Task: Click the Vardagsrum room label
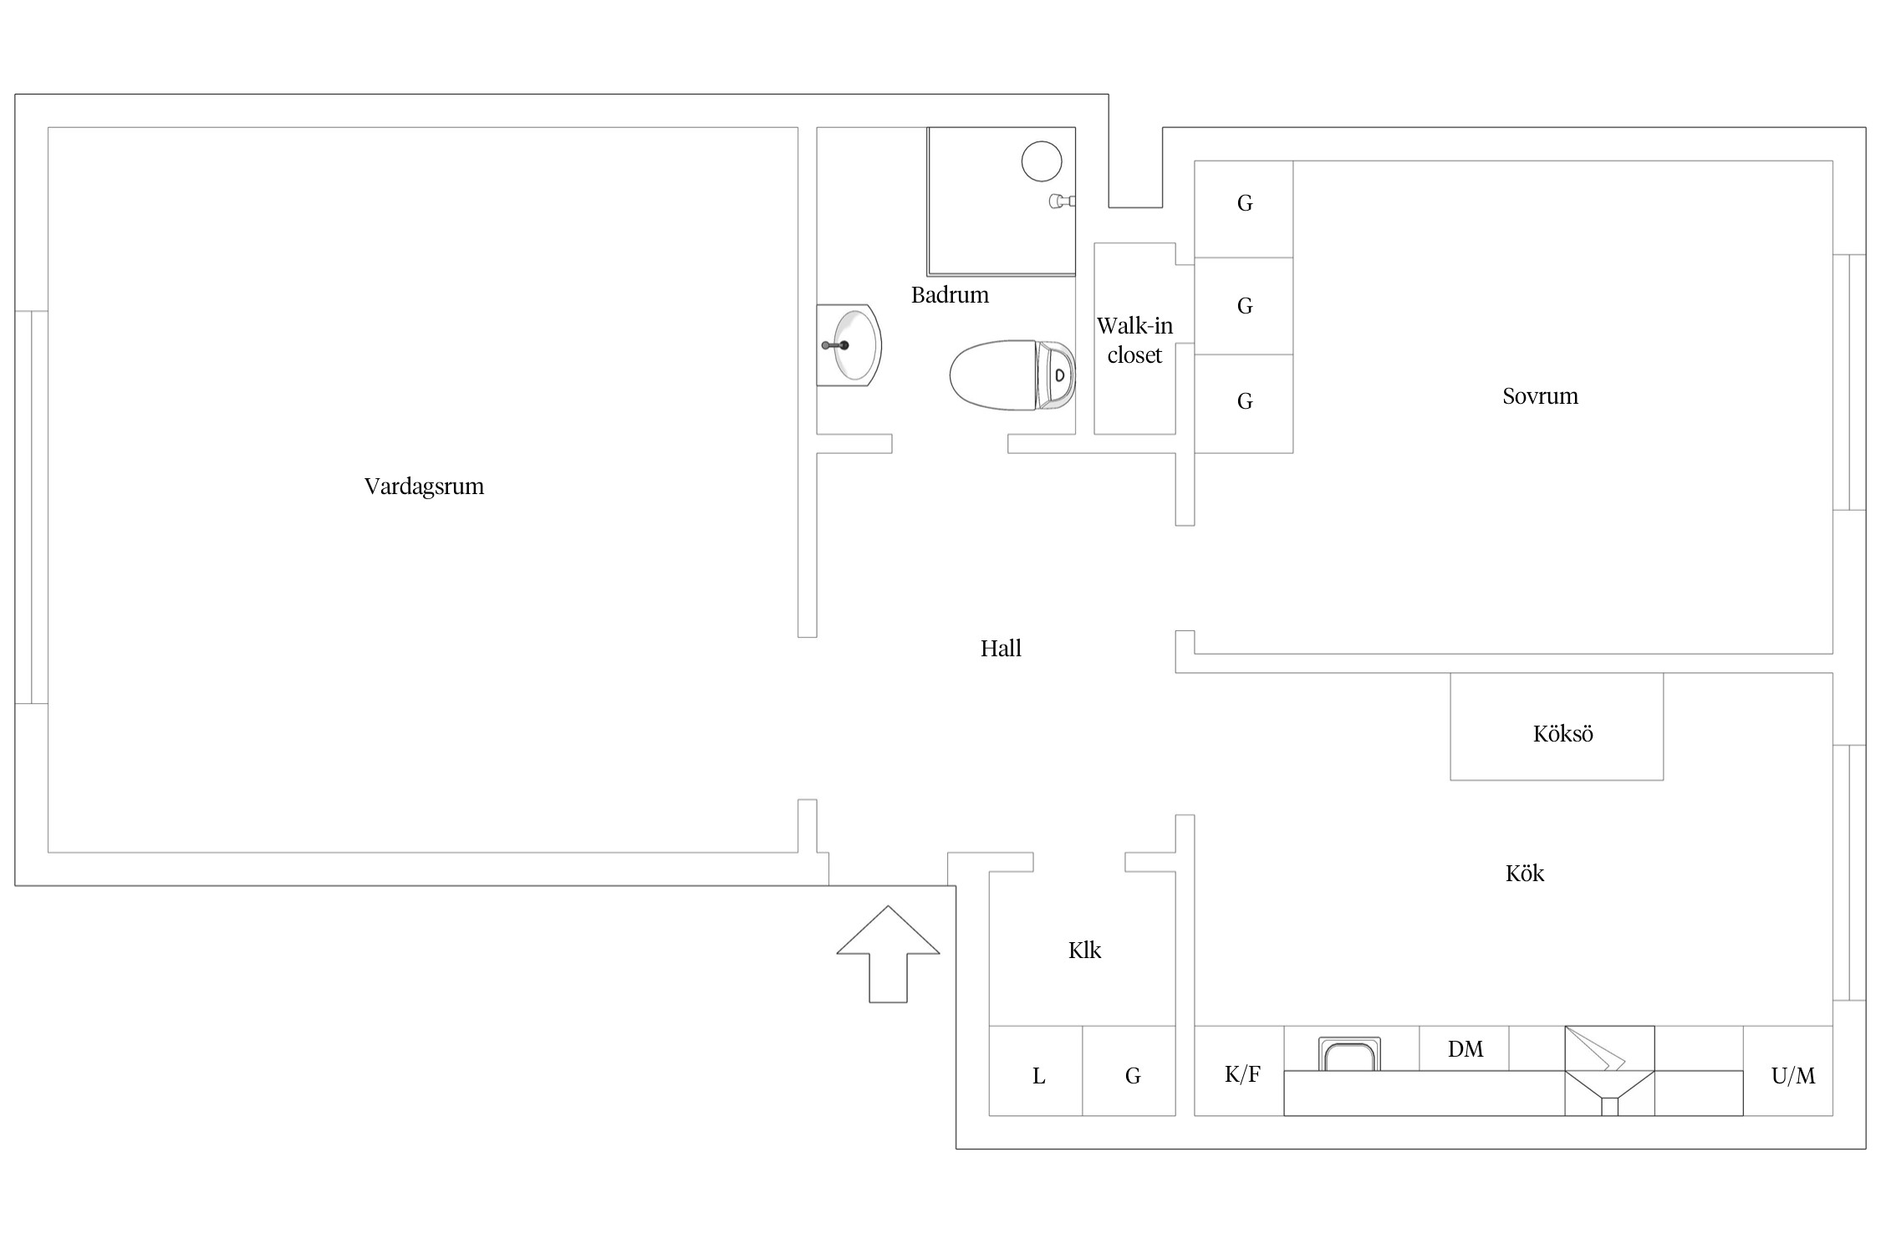(x=424, y=487)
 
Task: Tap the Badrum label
(x=950, y=295)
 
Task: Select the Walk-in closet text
(x=1134, y=340)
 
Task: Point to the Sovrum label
(x=1540, y=396)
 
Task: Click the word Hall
(x=1001, y=649)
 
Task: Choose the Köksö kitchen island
(x=1557, y=727)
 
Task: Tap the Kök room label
(x=1524, y=874)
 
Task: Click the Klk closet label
(x=1084, y=951)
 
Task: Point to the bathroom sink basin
(x=853, y=345)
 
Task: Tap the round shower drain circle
(x=1042, y=161)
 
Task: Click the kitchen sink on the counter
(x=1349, y=1054)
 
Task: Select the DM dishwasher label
(x=1465, y=1049)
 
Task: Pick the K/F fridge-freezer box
(x=1241, y=1074)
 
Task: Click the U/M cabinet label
(x=1792, y=1076)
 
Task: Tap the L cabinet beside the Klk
(x=1038, y=1076)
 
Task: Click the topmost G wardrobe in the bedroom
(x=1244, y=204)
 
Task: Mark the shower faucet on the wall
(x=1062, y=201)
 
